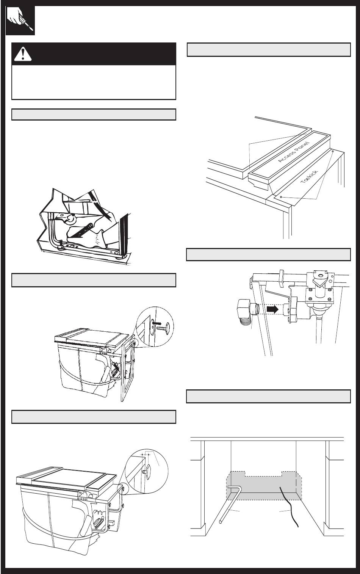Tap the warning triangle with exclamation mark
pyautogui.click(x=23, y=54)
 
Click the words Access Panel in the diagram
pyautogui.click(x=294, y=152)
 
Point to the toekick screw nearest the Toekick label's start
pyautogui.click(x=281, y=197)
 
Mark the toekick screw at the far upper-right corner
pyautogui.click(x=333, y=151)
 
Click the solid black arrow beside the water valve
pyautogui.click(x=272, y=309)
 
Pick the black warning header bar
pyautogui.click(x=94, y=54)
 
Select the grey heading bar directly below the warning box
pyautogui.click(x=94, y=114)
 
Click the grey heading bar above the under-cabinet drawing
pyautogui.click(x=268, y=396)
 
